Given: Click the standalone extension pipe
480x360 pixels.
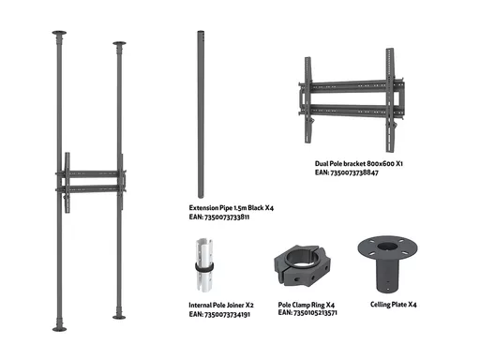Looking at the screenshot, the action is pos(201,114).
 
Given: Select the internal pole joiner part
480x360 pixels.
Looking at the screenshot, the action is pos(204,265).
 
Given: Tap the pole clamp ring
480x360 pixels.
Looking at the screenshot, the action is pos(303,265).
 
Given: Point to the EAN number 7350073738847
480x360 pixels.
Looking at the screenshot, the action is pos(354,172).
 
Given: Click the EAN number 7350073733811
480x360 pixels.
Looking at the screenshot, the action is pos(227,217).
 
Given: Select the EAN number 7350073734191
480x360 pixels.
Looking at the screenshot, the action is pos(227,314).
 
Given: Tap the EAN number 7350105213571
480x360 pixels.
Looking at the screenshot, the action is pos(315,313).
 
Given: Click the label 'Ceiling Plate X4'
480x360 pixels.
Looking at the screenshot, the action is pos(394,305).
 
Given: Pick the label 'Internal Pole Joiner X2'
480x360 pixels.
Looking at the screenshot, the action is pos(221,305).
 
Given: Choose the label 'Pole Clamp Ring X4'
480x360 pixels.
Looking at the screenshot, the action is pos(307,305).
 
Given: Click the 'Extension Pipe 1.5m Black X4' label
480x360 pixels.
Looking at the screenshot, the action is pos(232,208).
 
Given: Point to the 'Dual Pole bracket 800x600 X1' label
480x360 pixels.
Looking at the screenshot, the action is pos(359,163).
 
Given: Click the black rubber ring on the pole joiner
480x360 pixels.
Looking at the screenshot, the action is pos(204,267).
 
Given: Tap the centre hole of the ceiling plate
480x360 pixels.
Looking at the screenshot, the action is pos(387,247).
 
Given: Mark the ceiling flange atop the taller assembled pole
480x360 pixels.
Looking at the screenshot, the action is pos(59,33).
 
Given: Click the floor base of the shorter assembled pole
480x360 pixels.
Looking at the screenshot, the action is pos(119,317).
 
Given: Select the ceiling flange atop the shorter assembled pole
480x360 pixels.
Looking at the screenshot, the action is pos(119,43).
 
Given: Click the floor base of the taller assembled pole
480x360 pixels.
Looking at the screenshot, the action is pos(59,329).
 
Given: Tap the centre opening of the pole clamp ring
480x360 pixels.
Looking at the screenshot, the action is pos(301,257).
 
